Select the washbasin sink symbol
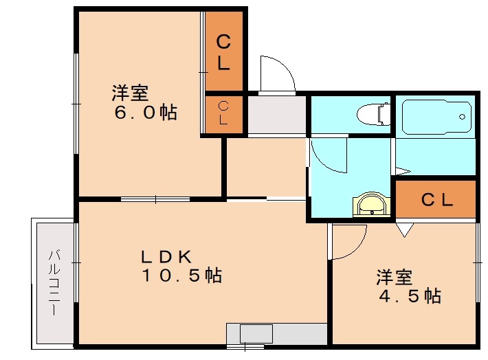370,205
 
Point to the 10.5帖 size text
181,275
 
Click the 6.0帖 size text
145,111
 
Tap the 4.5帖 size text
410,296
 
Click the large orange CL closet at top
224,52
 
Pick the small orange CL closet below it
224,113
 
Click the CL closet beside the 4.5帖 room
436,200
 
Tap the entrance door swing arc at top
276,74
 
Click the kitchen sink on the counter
256,334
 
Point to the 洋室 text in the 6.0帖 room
130,92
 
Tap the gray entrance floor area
276,114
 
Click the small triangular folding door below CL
405,229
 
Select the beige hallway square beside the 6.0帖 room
266,167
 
